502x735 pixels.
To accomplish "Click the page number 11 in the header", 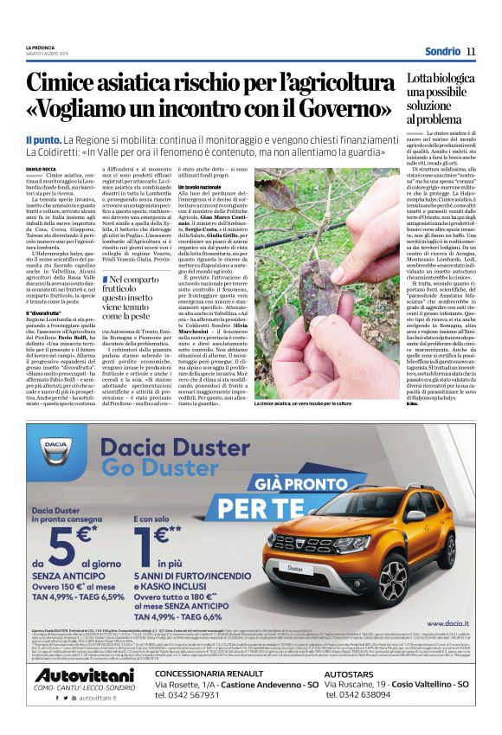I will (471, 51).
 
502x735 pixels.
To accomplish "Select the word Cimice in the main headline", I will (74, 83).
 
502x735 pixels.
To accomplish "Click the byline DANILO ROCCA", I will (42, 169).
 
